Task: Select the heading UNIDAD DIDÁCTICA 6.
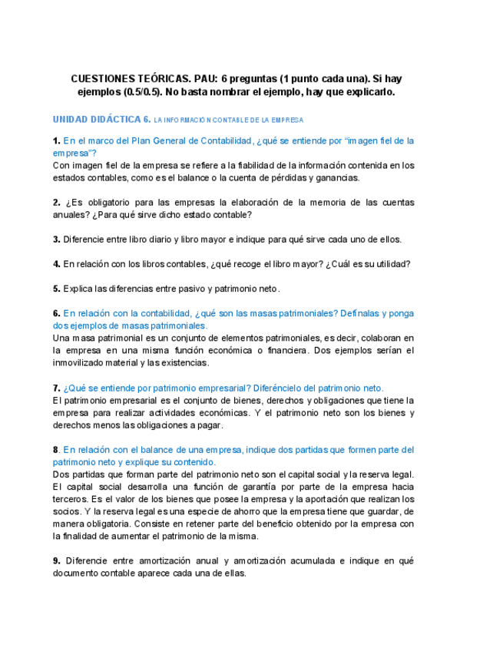point(101,120)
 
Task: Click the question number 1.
point(56,140)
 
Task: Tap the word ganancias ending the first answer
point(339,177)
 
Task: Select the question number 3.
point(56,240)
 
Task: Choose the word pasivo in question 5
point(184,289)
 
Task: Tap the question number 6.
point(56,313)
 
